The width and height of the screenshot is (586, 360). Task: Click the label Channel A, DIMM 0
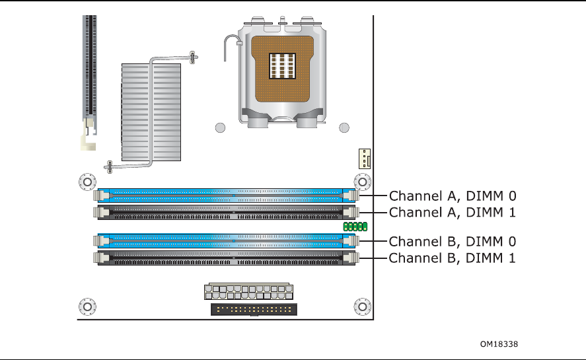coord(452,196)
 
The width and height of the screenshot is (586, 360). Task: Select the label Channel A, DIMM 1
coord(452,212)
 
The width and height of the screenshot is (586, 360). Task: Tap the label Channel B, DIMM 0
coord(452,241)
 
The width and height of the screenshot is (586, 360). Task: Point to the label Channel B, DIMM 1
coord(452,258)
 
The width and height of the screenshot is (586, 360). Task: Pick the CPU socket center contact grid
coord(281,66)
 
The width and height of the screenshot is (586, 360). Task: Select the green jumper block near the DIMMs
coord(355,227)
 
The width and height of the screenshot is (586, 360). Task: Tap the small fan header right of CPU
coord(363,159)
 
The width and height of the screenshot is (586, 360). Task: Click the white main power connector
coord(249,293)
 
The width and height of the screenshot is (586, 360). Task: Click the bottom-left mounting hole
coord(86,306)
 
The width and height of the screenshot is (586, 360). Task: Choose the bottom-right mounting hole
coord(362,306)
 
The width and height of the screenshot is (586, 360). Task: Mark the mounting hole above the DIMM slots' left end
coord(86,181)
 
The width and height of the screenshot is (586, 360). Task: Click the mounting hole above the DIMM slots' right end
coord(362,181)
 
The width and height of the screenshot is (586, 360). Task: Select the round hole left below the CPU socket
coord(221,127)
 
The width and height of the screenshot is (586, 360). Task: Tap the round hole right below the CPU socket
coord(344,127)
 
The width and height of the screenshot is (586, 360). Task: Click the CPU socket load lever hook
coord(229,43)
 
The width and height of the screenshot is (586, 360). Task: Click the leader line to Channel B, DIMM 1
coord(372,258)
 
